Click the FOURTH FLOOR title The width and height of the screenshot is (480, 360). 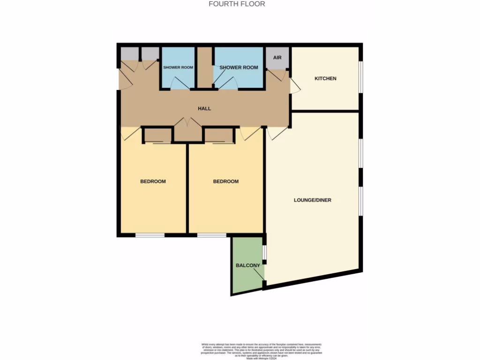click(x=237, y=4)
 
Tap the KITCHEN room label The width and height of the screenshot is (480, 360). click(x=325, y=78)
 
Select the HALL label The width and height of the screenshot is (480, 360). click(x=204, y=108)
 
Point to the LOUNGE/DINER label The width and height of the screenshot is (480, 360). click(x=312, y=200)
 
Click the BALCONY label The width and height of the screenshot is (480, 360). click(x=247, y=265)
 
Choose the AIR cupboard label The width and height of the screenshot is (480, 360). click(x=277, y=58)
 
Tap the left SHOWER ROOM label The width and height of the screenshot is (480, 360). click(x=178, y=67)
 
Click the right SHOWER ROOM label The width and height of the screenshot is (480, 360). click(x=239, y=67)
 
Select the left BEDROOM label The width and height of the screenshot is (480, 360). click(x=153, y=181)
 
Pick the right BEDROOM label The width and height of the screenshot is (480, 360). click(x=226, y=181)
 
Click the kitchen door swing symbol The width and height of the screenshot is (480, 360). click(x=295, y=86)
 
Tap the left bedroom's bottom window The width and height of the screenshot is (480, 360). click(x=150, y=235)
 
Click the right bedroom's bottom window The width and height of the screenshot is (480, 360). click(x=211, y=235)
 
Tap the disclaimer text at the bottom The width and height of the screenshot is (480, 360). click(x=240, y=351)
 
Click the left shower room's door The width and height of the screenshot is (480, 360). click(x=180, y=83)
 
